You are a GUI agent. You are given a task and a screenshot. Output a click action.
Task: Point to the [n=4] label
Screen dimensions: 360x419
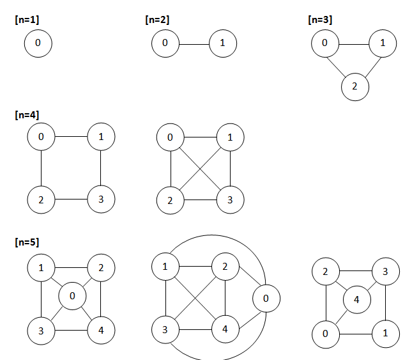[26, 115]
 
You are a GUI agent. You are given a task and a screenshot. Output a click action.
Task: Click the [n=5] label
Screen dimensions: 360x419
[26, 244]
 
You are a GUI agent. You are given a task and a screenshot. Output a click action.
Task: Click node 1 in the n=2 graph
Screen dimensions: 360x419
[222, 43]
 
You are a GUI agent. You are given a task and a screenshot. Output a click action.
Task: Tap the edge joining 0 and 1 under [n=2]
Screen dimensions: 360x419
[194, 43]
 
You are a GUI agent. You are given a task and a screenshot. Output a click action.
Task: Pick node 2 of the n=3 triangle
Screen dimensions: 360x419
[354, 86]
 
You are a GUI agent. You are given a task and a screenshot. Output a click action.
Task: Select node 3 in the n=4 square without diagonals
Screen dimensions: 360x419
[101, 199]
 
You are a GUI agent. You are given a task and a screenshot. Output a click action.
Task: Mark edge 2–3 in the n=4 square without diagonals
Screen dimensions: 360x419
[71, 199]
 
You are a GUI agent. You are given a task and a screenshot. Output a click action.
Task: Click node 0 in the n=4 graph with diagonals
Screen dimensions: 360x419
[170, 137]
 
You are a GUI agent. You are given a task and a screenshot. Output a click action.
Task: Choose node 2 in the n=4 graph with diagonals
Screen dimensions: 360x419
[170, 200]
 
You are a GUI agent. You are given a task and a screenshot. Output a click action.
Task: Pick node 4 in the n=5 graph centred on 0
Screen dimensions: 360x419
[102, 330]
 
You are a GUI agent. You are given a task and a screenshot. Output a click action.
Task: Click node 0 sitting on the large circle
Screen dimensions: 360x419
[266, 299]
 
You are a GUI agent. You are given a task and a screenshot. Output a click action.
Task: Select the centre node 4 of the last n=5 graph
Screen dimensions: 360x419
[356, 299]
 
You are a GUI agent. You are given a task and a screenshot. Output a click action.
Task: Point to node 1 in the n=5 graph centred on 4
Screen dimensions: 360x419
[386, 333]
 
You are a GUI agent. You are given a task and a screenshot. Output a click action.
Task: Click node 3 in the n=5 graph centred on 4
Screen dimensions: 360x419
[385, 272]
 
